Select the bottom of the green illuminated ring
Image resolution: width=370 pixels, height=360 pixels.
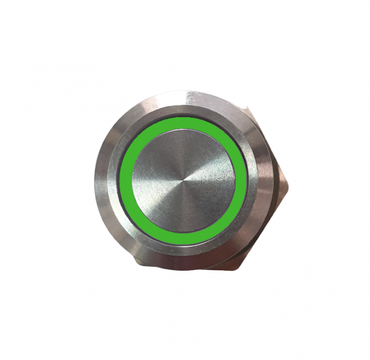183,239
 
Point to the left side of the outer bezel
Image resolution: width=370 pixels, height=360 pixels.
101,179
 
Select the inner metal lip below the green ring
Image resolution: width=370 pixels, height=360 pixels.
183,250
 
